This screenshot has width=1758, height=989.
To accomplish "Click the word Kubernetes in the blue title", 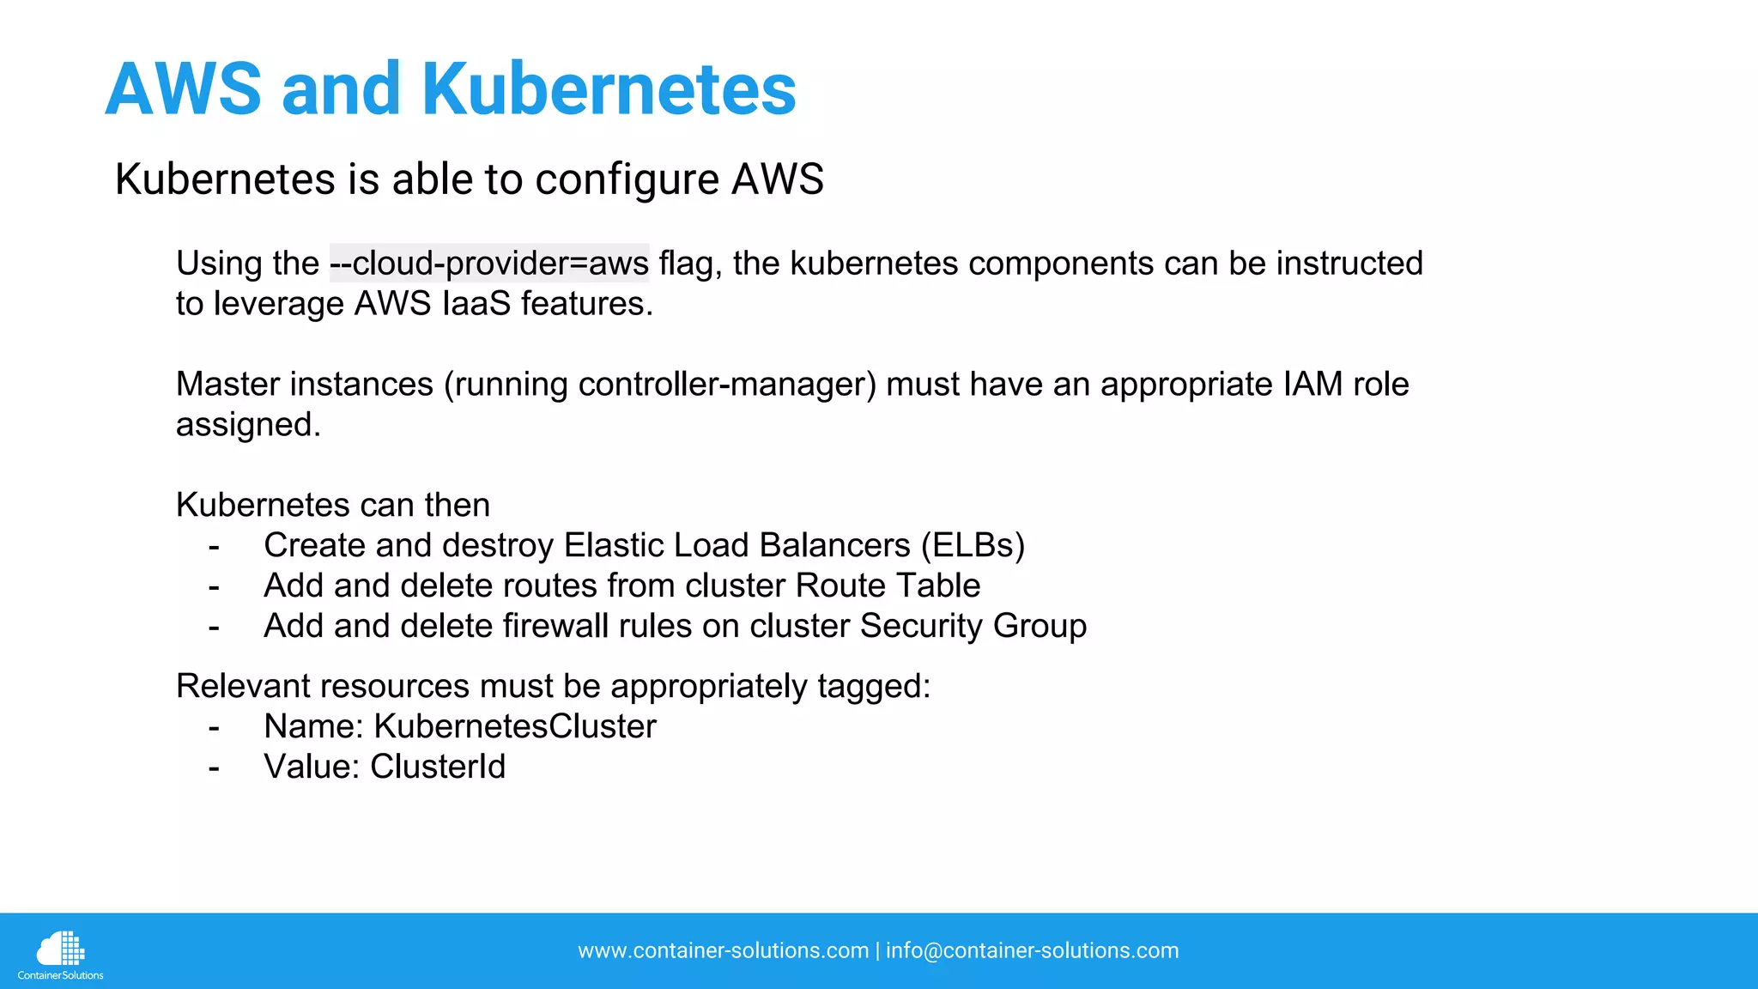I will tap(609, 89).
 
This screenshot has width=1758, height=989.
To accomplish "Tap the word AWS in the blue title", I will tap(183, 89).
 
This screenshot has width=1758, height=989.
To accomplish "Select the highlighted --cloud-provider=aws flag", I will tap(489, 264).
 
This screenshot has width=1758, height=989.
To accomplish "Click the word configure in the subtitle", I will tap(627, 179).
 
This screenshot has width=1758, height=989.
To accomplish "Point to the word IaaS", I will tap(476, 304).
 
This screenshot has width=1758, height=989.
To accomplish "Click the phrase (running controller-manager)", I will tap(660, 385).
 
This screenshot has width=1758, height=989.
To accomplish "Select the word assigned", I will tap(248, 425).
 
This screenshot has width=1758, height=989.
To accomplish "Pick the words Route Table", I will tap(888, 586).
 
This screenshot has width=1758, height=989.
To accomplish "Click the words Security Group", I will tap(973, 627).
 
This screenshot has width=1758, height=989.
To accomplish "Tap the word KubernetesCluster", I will tap(515, 727).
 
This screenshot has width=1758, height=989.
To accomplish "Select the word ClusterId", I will tap(438, 768).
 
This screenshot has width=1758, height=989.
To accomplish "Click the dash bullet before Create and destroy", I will tap(214, 547).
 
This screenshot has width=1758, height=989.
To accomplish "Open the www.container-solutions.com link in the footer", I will tap(723, 951).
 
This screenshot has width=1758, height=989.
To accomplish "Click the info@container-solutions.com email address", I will tap(1032, 951).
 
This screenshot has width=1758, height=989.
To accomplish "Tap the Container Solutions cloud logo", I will tap(60, 954).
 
